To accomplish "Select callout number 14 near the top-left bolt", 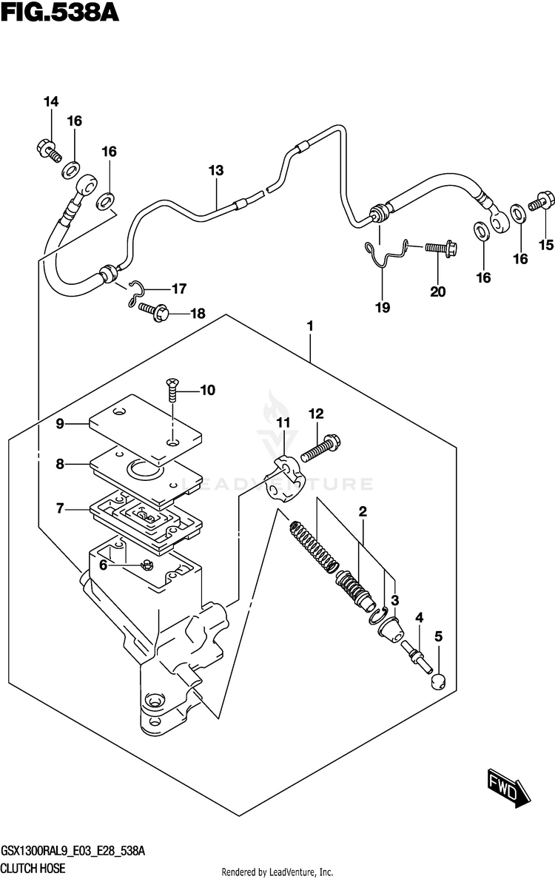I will pyautogui.click(x=50, y=102).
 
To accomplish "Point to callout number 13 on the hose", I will pyautogui.click(x=215, y=171).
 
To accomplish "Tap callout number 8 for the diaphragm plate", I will pyautogui.click(x=60, y=465).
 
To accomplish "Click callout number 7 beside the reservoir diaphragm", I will pyautogui.click(x=60, y=508).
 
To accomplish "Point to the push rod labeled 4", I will pyautogui.click(x=416, y=655).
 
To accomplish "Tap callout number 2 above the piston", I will pyautogui.click(x=363, y=511).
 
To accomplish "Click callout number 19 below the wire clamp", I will pyautogui.click(x=383, y=307).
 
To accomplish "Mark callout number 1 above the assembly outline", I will pyautogui.click(x=312, y=326).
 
